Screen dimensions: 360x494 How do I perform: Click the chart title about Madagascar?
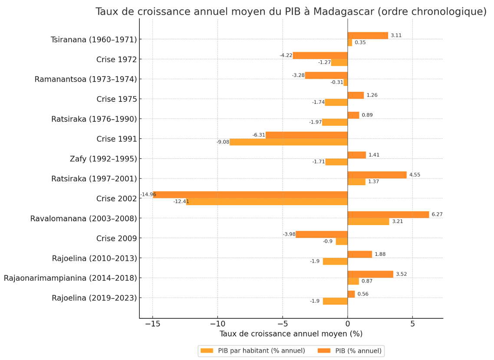(x=291, y=12)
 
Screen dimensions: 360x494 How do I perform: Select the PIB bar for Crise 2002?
(x=250, y=195)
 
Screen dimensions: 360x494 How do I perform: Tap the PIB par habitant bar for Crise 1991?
(x=289, y=142)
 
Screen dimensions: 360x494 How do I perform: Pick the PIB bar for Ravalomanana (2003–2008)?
(x=388, y=215)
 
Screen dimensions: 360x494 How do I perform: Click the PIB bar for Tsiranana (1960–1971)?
(x=368, y=36)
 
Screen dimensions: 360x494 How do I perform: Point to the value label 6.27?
(x=437, y=215)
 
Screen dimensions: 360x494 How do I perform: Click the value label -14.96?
(x=148, y=194)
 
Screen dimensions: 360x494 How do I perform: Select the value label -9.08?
(x=223, y=142)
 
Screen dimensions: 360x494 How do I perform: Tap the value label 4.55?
(x=415, y=175)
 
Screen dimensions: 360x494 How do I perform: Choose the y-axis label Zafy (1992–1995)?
(x=103, y=159)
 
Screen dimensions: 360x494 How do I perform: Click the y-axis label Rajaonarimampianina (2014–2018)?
(x=70, y=278)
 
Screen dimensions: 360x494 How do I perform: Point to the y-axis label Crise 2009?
(x=116, y=239)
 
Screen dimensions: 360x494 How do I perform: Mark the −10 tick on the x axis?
(x=217, y=324)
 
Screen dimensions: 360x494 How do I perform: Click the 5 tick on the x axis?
(x=412, y=324)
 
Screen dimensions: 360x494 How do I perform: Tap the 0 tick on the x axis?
(x=348, y=324)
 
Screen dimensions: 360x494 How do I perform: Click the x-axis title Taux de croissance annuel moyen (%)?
(x=291, y=334)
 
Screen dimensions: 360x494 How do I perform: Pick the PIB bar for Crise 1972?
(x=320, y=56)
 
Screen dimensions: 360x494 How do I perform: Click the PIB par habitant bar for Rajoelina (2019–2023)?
(x=335, y=301)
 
